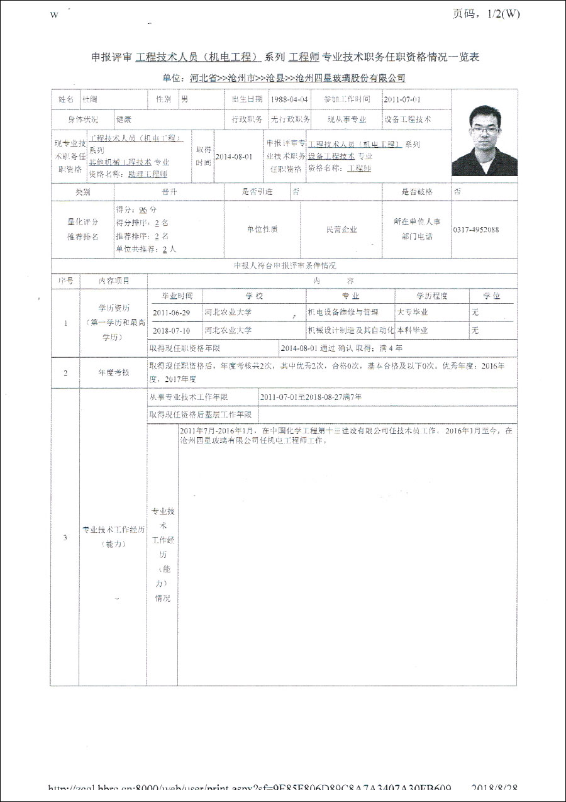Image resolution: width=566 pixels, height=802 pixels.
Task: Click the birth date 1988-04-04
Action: pos(290,99)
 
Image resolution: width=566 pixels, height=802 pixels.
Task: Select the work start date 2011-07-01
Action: pos(402,99)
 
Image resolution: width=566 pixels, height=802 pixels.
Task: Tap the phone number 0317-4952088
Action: pos(476,230)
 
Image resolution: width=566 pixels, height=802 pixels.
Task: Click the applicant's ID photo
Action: pos(484,139)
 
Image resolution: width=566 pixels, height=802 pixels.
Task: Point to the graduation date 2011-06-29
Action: pos(171,312)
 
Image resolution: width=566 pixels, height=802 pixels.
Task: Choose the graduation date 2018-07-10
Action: pos(171,330)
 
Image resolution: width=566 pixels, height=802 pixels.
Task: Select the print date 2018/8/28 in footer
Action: pos(496,788)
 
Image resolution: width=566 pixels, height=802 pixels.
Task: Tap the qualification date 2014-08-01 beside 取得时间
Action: pos(234,157)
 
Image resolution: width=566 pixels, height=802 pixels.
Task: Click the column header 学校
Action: pos(254,296)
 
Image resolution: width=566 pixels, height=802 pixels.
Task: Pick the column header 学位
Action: pos(491,296)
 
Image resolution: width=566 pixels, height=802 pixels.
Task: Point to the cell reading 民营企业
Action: pos(341,230)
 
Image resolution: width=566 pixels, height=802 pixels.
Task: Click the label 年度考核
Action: pos(113,372)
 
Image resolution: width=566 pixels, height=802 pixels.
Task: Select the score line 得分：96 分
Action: pos(136,209)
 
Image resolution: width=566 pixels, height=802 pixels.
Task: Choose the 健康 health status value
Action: pos(123,119)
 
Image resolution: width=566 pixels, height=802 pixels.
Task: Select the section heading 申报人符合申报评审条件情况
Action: pos(284,265)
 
